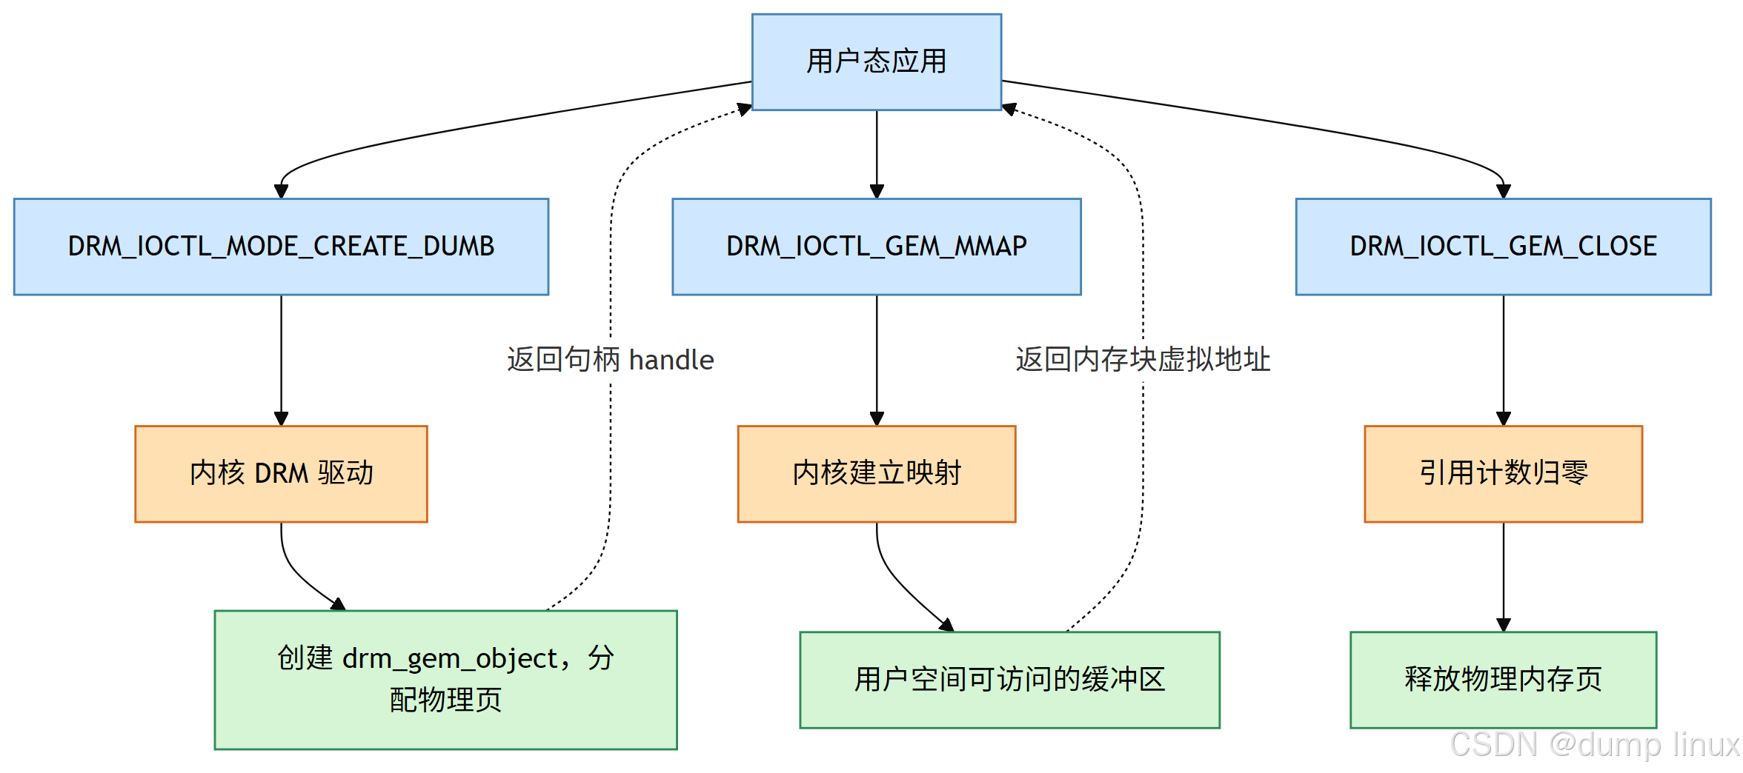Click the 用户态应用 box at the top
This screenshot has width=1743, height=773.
(876, 62)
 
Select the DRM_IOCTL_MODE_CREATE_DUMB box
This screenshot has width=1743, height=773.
(281, 247)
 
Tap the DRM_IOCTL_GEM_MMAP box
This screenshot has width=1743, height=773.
(876, 247)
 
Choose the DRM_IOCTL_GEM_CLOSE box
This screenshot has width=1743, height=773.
(1503, 247)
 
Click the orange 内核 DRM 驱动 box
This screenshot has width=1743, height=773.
(281, 474)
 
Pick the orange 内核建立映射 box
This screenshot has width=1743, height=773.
(876, 474)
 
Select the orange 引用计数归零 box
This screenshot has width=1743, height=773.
(1503, 474)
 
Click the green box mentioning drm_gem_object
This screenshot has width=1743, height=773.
(445, 679)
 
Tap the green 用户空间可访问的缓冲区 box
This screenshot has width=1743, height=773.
(1009, 679)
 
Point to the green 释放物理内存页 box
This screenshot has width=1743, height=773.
(1503, 679)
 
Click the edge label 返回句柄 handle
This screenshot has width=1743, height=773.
(610, 360)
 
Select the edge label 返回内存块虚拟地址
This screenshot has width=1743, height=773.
(1142, 360)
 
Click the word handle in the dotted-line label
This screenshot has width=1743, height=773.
(671, 361)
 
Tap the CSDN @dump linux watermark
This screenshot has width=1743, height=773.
(1593, 745)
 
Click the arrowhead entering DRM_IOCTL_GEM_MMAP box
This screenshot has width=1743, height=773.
(877, 192)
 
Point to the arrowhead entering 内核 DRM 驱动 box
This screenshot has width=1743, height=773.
(281, 419)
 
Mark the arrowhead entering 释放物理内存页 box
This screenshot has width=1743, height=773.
(1503, 625)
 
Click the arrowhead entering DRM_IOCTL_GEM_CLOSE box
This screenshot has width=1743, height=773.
(1503, 192)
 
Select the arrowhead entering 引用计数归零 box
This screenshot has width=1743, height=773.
(1503, 419)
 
